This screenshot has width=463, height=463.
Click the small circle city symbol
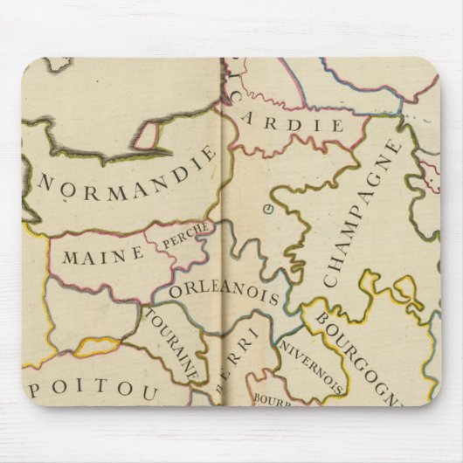pyautogui.click(x=267, y=210)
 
